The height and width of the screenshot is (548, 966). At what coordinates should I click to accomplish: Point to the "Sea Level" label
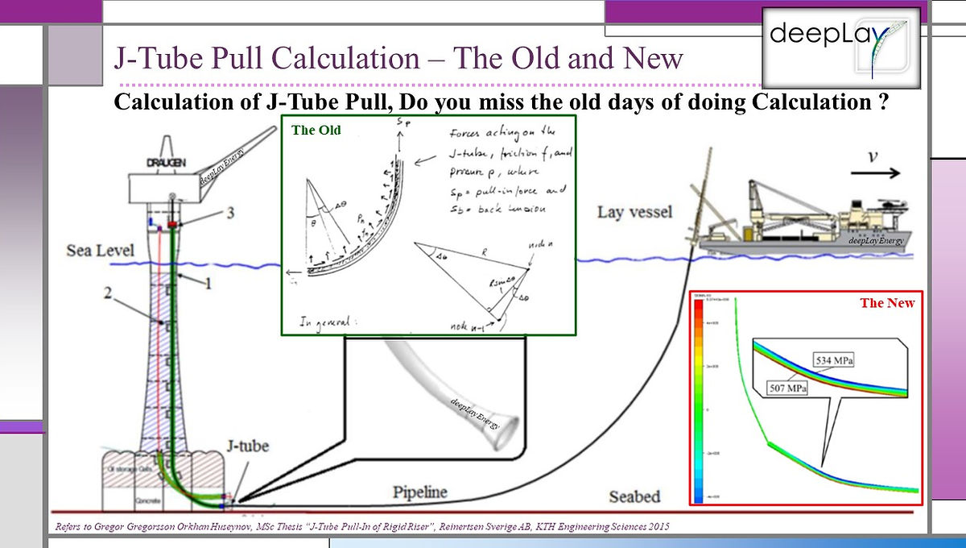[100, 251]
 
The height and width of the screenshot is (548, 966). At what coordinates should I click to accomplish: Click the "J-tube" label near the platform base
[246, 445]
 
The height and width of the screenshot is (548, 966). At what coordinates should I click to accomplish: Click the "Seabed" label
[634, 496]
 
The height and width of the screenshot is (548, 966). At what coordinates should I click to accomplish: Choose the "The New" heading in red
[887, 303]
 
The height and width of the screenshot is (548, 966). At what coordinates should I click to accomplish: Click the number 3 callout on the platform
[230, 213]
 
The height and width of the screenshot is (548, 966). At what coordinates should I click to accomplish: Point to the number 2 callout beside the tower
[107, 294]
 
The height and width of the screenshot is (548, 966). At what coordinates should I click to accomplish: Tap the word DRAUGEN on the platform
[166, 163]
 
